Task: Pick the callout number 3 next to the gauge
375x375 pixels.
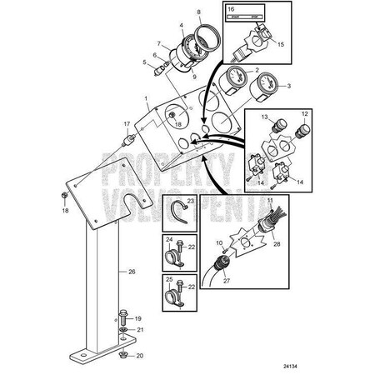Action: pyautogui.click(x=289, y=86)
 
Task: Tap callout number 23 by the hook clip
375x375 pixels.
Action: pyautogui.click(x=191, y=202)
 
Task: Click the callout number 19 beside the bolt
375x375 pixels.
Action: pyautogui.click(x=138, y=318)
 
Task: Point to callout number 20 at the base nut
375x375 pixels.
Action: pyautogui.click(x=138, y=357)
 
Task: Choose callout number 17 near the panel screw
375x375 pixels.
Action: pyautogui.click(x=127, y=125)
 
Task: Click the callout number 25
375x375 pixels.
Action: pyautogui.click(x=169, y=280)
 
